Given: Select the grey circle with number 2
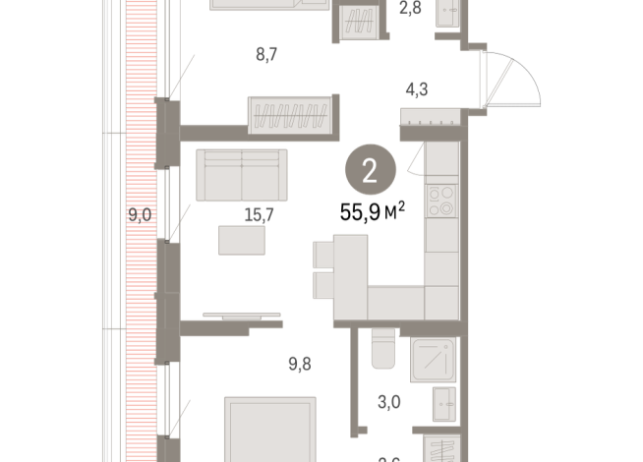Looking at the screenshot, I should pyautogui.click(x=369, y=173).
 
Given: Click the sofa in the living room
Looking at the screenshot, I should pyautogui.click(x=241, y=175).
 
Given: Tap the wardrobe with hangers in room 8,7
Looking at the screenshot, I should pyautogui.click(x=293, y=115).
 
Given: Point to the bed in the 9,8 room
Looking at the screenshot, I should pyautogui.click(x=269, y=429).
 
